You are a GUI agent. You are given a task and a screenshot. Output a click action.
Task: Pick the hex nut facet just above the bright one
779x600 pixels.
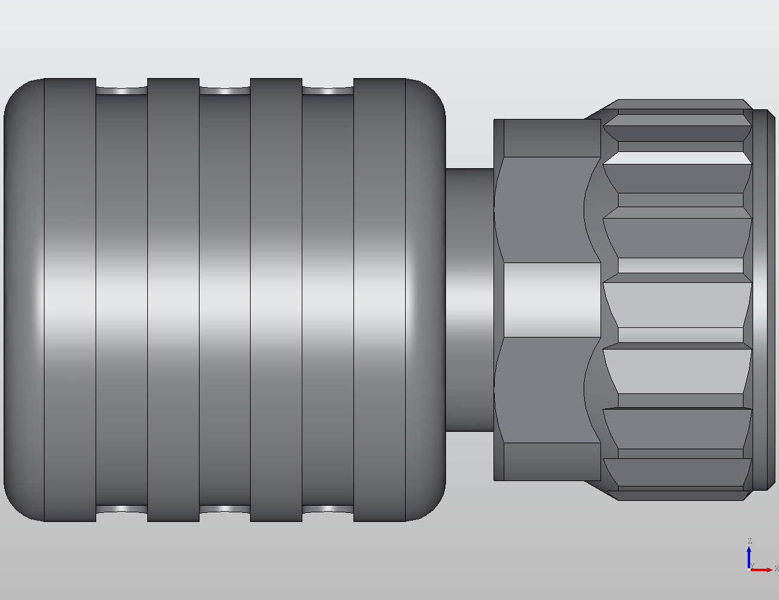544,210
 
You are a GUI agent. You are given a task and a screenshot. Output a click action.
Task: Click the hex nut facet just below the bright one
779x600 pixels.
544,390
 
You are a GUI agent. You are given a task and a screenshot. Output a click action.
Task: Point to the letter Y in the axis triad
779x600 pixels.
752,566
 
